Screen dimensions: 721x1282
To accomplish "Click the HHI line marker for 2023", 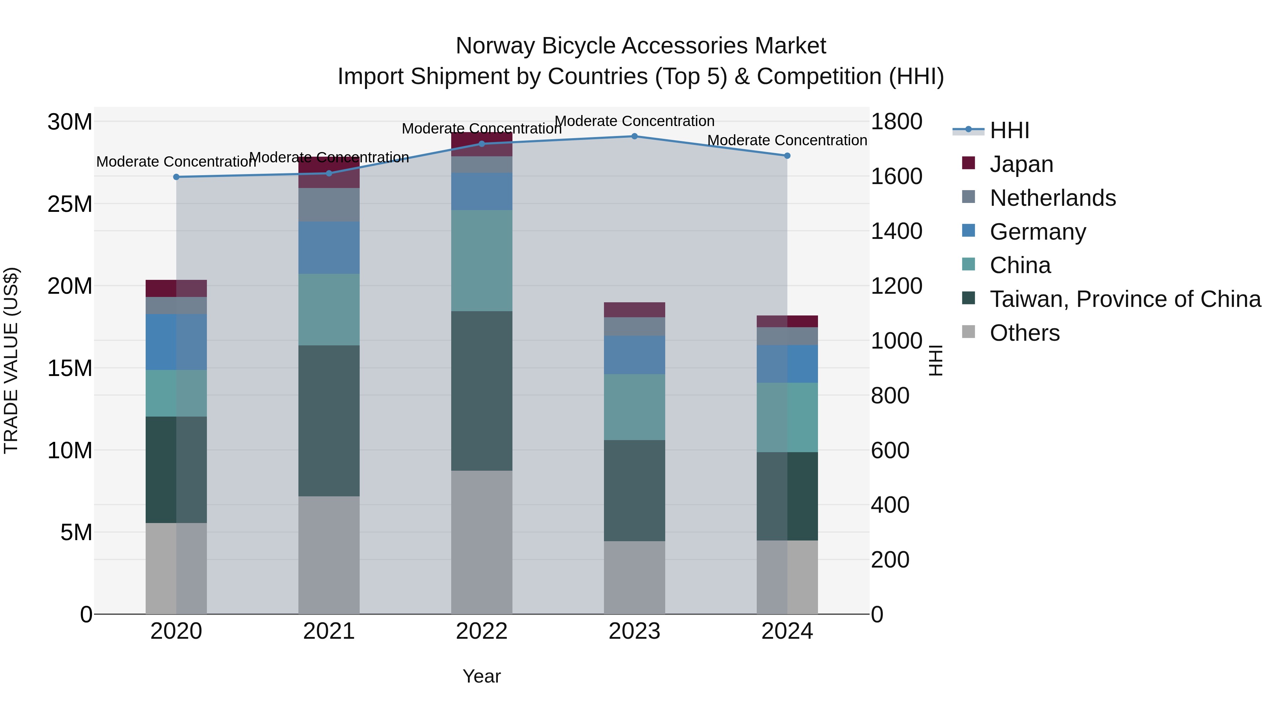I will coord(634,136).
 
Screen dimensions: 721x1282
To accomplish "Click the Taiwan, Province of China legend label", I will coord(1125,299).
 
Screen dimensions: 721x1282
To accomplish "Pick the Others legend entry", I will coord(1024,333).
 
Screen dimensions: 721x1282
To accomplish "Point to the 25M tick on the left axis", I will coord(70,204).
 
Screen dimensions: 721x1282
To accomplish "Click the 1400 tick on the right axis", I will coord(896,231).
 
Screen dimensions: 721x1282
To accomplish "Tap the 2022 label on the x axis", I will coord(481,631).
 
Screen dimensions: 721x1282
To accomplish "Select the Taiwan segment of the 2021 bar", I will coord(329,420).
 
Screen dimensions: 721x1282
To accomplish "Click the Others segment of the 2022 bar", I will coord(481,542).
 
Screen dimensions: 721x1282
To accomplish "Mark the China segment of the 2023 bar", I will coord(634,407).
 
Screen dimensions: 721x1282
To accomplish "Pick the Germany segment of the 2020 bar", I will coord(176,342).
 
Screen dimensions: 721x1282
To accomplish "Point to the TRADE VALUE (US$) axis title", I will coord(11,360).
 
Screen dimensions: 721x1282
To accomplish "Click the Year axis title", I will coord(481,676).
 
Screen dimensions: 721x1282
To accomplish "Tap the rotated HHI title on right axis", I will coord(936,360).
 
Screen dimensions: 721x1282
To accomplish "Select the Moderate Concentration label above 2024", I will coord(787,140).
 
